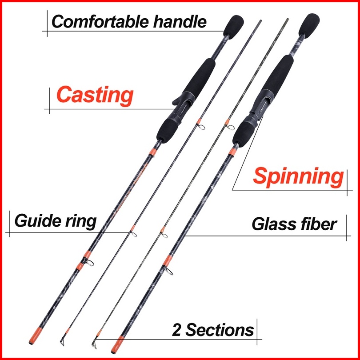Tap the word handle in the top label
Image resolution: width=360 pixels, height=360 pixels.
(181, 21)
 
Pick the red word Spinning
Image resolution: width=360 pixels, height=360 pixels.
(298, 176)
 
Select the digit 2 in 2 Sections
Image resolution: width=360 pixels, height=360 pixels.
(177, 330)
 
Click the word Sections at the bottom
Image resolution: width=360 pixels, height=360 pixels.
(220, 330)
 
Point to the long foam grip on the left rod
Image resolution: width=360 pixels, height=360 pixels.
(199, 80)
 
